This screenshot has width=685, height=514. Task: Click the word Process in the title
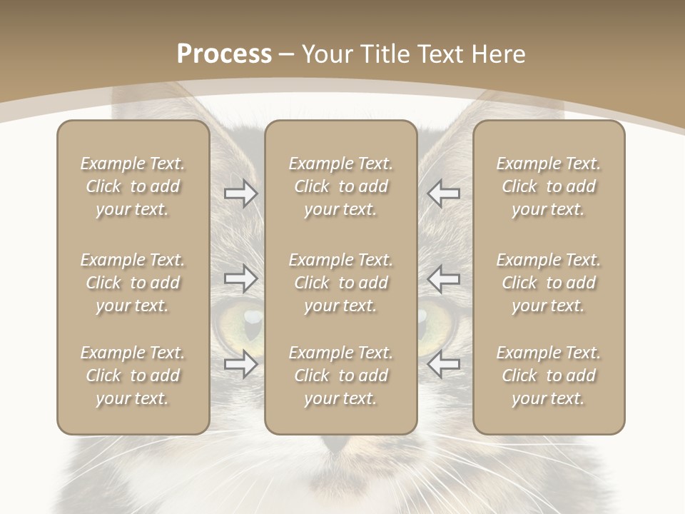pos(224,54)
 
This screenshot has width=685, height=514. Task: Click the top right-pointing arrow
pos(240,193)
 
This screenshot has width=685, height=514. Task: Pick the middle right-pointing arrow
pos(240,278)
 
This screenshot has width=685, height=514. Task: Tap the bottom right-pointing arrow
pos(240,364)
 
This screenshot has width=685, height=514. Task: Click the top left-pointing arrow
pos(444,193)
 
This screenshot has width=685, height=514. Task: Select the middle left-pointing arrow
pos(444,278)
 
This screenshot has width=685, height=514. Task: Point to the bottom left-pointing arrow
pos(444,364)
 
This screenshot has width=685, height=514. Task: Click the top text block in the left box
pos(133,186)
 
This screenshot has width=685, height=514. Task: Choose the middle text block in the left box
pos(133,283)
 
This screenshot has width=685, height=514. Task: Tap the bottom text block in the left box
pos(133,376)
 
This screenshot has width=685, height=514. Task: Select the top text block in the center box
pos(340,186)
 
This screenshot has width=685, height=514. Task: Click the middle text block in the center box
pos(340,283)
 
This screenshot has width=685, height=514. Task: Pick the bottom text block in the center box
pos(340,376)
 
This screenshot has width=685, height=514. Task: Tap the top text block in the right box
pos(548,186)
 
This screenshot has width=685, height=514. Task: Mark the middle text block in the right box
pos(548,283)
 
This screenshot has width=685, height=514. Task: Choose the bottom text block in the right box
pos(548,376)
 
